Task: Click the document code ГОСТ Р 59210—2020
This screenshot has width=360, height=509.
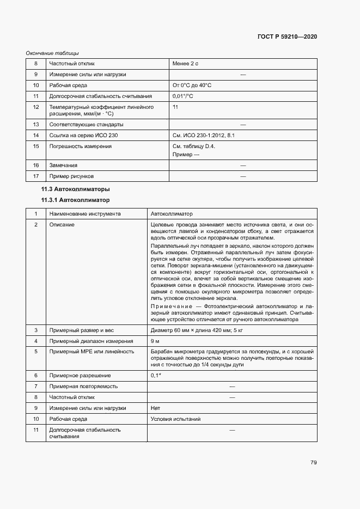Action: point(286,36)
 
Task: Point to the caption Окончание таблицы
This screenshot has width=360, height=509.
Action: point(52,53)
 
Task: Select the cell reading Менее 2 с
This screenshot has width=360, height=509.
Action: point(185,64)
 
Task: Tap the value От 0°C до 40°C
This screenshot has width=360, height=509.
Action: point(192,85)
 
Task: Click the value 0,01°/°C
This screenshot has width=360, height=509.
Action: point(183,96)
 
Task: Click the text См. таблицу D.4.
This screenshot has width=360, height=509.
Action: point(194,146)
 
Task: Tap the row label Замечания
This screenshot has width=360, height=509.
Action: point(63,165)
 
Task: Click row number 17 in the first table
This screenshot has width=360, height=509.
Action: point(36,176)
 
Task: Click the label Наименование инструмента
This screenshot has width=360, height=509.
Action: point(85,214)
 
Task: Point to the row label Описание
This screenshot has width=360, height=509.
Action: point(62,225)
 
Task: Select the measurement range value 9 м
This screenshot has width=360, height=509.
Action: point(155,341)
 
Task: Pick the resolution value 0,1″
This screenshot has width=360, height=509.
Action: point(156,376)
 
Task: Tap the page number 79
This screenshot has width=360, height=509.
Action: point(314,463)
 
